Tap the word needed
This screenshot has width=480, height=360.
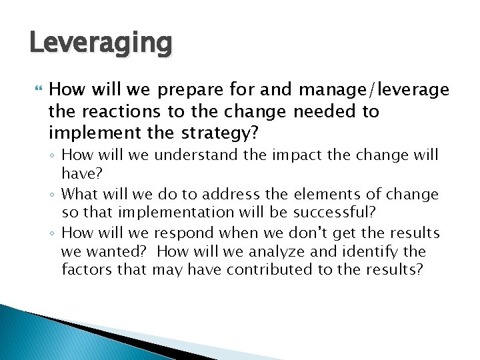[325, 111]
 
